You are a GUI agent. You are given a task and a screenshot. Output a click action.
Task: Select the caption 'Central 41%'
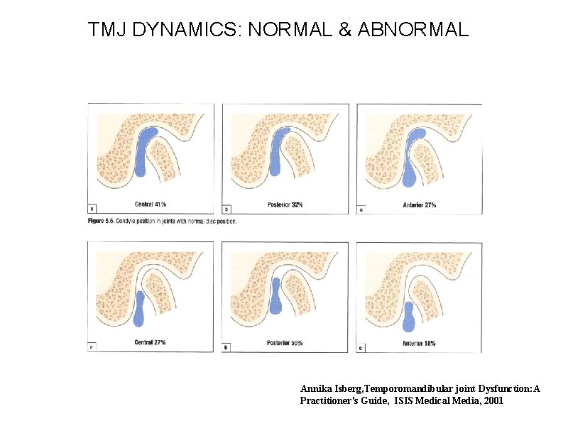coord(151,204)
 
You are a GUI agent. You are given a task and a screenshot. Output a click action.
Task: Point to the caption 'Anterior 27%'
coord(420,204)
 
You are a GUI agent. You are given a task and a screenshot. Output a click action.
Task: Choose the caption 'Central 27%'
coord(150,343)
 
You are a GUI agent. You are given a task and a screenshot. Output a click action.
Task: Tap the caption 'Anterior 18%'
coord(420,343)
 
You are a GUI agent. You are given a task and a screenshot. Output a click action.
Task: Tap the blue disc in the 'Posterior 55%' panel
coord(275,295)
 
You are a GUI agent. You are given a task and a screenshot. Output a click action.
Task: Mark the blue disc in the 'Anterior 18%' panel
coord(409,317)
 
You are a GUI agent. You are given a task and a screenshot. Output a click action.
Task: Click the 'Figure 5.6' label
coord(103,221)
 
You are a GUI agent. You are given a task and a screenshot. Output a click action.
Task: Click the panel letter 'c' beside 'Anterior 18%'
coord(361,348)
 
